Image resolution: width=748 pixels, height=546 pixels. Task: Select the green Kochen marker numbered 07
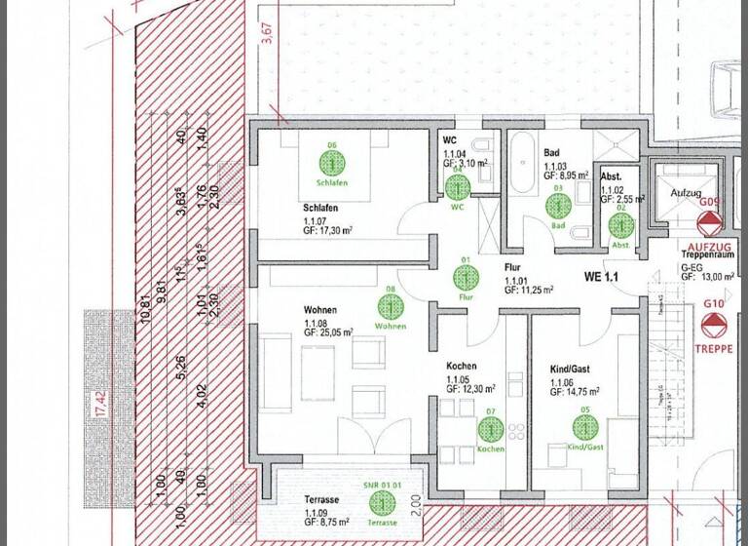[490, 428]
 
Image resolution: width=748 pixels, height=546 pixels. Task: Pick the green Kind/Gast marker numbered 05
[584, 427]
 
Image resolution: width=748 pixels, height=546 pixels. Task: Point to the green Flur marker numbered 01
[466, 276]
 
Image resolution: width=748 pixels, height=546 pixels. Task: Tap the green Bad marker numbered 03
[558, 206]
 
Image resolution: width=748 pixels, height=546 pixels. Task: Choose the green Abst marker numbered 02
[619, 225]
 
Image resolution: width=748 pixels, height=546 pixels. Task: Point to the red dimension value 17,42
[97, 399]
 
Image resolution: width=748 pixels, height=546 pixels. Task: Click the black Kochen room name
[463, 366]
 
